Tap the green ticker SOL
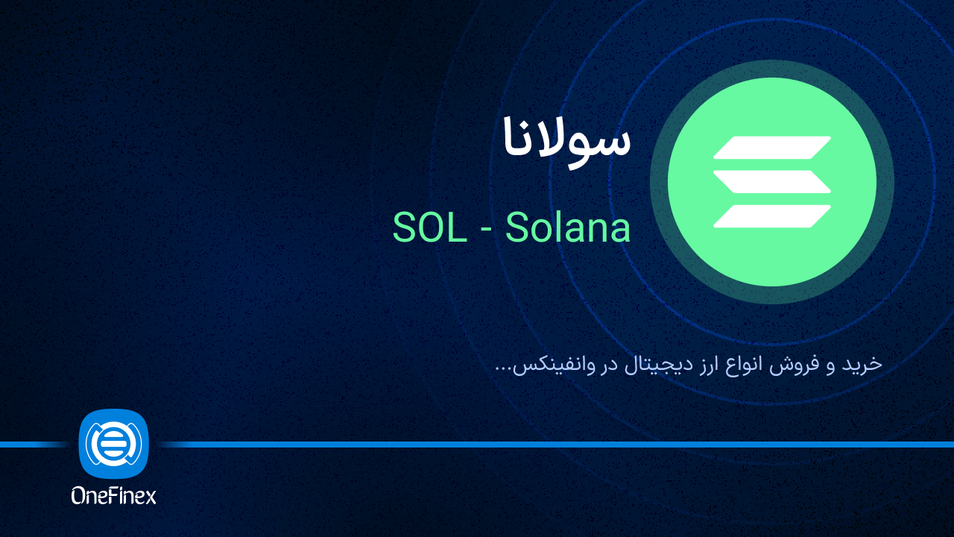424,228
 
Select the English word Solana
568,228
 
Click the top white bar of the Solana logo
771,148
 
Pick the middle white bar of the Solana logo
771,181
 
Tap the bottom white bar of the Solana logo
771,216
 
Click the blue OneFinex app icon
113,444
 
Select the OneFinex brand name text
113,494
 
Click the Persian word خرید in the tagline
865,364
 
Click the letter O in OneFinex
79,494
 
